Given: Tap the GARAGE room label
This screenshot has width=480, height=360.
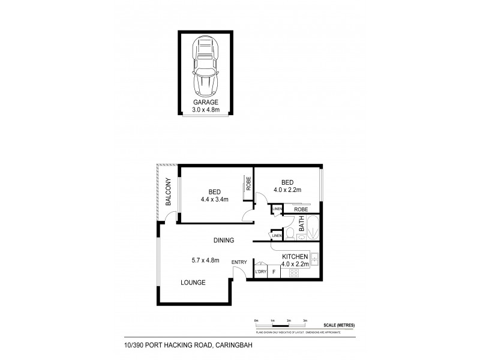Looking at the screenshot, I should [206, 103].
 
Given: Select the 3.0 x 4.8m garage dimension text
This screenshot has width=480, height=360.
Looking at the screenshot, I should [206, 110].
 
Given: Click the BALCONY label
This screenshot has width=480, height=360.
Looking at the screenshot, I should [169, 193].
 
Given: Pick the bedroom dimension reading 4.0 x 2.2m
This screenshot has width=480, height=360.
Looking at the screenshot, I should [287, 190].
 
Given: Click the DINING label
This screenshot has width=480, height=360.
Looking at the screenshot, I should [223, 241].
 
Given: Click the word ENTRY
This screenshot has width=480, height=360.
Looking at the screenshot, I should [239, 261].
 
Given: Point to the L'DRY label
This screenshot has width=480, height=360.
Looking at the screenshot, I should [260, 272].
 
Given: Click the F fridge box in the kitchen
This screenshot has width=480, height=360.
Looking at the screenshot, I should [274, 272].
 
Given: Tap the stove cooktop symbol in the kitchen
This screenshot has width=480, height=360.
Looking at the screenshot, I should [295, 272].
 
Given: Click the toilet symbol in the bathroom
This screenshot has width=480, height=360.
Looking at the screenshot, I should [288, 231].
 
